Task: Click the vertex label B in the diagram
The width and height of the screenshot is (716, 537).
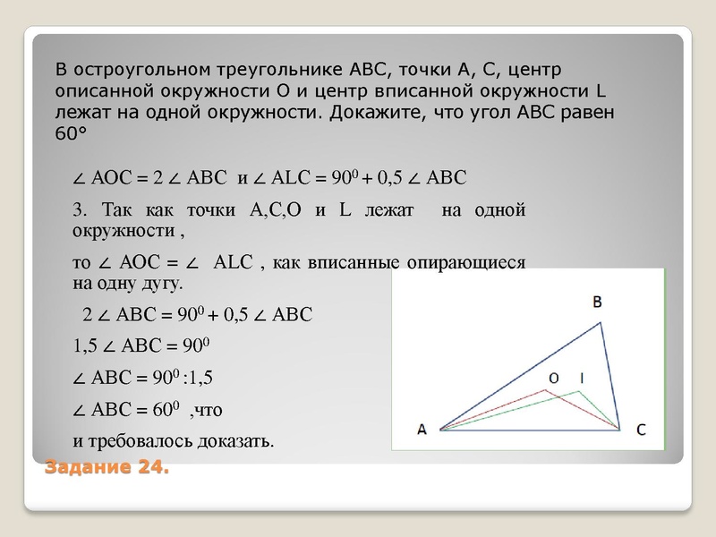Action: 597,303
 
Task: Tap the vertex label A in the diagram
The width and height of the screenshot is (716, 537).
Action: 422,430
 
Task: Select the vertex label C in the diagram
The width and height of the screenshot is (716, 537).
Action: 642,430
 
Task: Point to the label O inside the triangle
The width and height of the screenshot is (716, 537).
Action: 553,379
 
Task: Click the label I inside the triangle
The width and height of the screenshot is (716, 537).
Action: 582,379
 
